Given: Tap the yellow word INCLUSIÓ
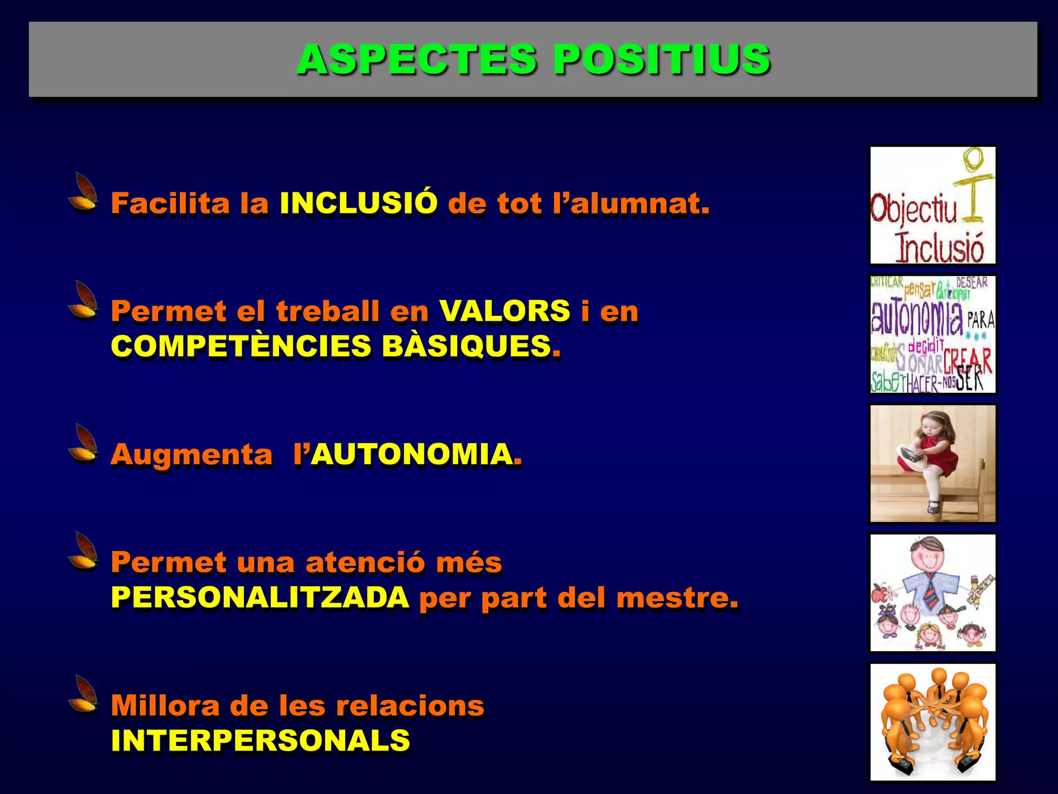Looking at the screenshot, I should tap(359, 203).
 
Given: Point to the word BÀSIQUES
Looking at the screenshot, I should tap(466, 346).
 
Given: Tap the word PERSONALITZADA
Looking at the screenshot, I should tap(260, 598).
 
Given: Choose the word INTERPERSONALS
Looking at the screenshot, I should tap(260, 740).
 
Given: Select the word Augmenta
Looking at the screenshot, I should tap(192, 455).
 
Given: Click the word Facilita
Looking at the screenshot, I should tap(170, 203).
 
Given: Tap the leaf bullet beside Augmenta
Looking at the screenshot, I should tap(84, 443).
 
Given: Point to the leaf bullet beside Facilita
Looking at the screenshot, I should tap(84, 192).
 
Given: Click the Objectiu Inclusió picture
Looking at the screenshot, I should tap(932, 205).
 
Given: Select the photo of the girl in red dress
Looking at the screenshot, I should tap(932, 464).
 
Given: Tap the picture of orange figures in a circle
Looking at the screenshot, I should tap(932, 722).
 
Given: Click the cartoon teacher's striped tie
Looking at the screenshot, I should tap(929, 592).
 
